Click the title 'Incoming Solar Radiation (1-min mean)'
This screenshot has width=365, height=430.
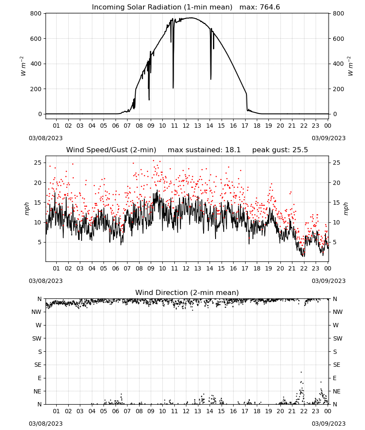[x=162, y=7]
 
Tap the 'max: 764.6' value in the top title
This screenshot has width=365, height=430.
[x=260, y=7]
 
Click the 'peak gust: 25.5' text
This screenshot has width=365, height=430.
[x=280, y=150]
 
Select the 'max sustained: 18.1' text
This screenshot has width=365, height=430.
[x=204, y=150]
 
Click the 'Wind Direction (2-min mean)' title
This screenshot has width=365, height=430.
[x=187, y=292]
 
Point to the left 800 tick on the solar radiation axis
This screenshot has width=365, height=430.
[x=36, y=13]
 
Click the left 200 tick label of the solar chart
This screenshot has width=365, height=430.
[x=36, y=89]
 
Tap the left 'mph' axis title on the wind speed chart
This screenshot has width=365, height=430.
[x=27, y=209]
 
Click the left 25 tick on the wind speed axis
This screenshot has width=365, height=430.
[x=38, y=163]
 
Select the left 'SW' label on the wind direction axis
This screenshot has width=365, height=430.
[x=37, y=338]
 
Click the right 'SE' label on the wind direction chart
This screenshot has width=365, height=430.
[x=337, y=365]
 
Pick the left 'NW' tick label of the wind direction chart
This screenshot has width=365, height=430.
[x=36, y=312]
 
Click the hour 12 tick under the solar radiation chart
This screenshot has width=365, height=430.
[x=186, y=126]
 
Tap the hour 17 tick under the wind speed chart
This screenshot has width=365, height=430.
[x=245, y=268]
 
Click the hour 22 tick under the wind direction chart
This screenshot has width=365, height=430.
[x=304, y=411]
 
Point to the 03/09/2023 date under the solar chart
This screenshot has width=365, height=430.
[x=328, y=138]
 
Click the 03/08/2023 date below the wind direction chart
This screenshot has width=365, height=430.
[x=46, y=424]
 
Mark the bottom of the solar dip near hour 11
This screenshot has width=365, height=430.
[x=173, y=88]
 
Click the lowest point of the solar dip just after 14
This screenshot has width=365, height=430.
[x=210, y=79]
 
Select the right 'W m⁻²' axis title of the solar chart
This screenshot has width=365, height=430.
[x=350, y=66]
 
